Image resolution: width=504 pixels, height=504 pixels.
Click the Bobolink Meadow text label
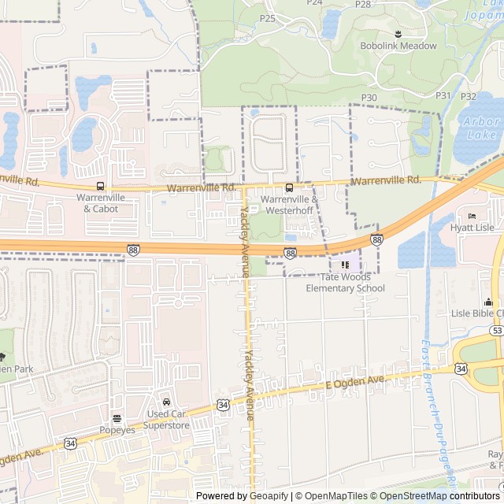point(398,46)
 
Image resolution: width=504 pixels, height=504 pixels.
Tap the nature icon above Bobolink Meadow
point(398,33)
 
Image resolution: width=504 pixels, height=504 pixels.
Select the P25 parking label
point(268,18)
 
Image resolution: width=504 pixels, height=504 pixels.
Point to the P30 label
point(369,97)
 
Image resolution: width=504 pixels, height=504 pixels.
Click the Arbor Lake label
point(481,128)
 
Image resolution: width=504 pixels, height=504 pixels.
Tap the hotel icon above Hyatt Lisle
point(472,217)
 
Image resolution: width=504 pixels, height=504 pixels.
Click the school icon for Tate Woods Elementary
point(345,265)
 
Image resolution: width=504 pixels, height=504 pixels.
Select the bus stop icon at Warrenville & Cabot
point(100,187)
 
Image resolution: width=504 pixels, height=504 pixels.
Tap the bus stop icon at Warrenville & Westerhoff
point(289,187)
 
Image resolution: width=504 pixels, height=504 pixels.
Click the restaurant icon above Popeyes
point(117,418)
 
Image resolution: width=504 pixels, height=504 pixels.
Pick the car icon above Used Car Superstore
point(166,403)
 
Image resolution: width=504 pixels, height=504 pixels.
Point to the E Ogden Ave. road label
point(355,382)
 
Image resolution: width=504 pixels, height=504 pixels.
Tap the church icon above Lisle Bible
point(488,302)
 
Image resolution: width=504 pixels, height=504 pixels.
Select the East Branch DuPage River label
point(439,409)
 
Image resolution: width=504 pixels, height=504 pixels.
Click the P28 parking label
point(363,4)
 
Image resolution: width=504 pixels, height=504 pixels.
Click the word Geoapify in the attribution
point(268,496)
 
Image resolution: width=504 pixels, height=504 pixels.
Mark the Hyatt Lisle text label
point(472,228)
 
